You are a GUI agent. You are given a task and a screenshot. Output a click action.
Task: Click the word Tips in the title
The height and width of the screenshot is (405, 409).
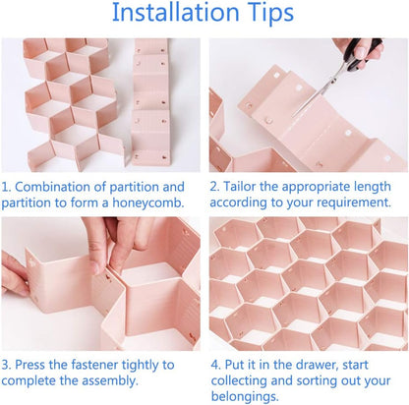266,14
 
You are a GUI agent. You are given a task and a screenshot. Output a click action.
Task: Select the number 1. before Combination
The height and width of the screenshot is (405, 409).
8,187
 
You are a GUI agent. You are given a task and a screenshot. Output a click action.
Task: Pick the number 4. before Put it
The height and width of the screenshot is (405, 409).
216,364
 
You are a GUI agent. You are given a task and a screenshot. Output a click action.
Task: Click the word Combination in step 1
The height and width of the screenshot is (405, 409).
65,187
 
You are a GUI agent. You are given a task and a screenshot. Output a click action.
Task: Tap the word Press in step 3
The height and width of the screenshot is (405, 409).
38,364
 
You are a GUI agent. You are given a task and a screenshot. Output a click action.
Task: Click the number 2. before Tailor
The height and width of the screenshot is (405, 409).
216,187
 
